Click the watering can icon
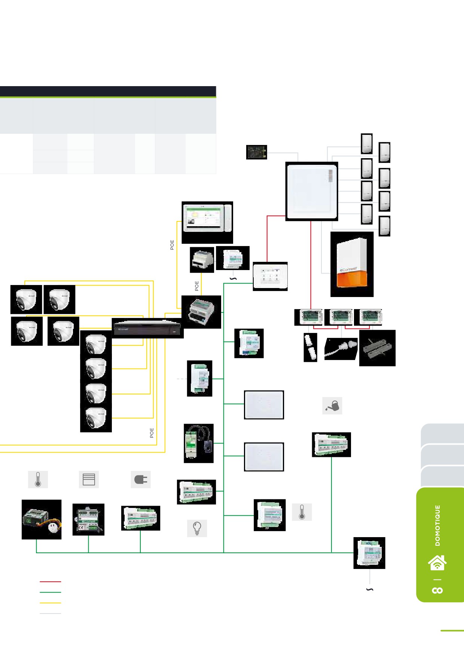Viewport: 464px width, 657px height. [x=332, y=406]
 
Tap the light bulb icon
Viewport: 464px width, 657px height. [x=197, y=528]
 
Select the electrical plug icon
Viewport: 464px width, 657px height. [x=141, y=479]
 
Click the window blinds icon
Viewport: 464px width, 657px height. [x=89, y=479]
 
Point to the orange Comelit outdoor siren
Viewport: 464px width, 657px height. [x=352, y=264]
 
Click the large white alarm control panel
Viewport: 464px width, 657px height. [x=311, y=191]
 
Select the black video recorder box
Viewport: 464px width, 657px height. [x=147, y=328]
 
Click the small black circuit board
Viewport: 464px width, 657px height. [x=257, y=152]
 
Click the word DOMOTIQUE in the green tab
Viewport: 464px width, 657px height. [x=438, y=525]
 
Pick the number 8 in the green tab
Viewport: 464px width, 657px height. [x=437, y=590]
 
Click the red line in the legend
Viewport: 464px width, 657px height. [x=50, y=582]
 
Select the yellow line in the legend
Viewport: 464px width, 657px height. [x=50, y=603]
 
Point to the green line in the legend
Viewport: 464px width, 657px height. [x=50, y=592]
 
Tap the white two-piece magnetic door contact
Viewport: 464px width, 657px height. [x=310, y=347]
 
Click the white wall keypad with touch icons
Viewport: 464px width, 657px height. [x=270, y=276]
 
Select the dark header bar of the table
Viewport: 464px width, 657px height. [x=108, y=91]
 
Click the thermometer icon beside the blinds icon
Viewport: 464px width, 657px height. [x=38, y=479]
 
